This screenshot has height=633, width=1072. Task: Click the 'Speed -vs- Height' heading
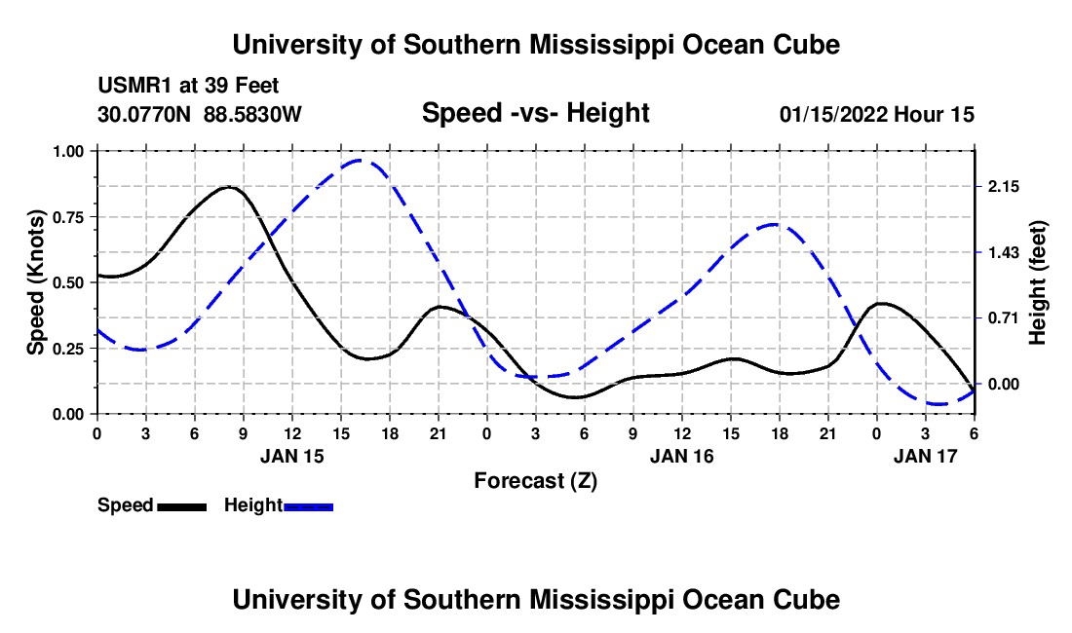(535, 114)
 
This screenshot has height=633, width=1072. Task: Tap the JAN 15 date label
(292, 455)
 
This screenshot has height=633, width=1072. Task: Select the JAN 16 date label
(682, 455)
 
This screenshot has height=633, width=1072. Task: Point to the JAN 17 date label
(926, 455)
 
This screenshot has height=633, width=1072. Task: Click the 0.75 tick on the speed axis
(71, 217)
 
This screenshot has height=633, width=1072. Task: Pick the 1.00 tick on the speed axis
(71, 151)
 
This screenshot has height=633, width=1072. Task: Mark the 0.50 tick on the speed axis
(71, 282)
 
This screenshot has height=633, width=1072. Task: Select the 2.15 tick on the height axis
(1003, 187)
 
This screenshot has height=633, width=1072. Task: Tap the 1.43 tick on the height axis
(1003, 252)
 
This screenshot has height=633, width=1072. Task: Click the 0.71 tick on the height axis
(1003, 317)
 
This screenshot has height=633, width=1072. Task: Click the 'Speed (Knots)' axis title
(36, 282)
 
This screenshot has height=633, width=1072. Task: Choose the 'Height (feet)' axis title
(1037, 282)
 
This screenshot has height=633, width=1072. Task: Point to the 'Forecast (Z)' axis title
(535, 480)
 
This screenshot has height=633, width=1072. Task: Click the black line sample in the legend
(182, 505)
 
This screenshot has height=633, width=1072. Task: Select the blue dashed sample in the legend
(309, 505)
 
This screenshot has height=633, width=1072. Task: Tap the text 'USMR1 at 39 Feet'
(189, 86)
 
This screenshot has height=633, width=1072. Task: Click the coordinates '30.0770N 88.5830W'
(200, 114)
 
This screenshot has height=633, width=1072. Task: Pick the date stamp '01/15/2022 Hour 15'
(877, 114)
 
